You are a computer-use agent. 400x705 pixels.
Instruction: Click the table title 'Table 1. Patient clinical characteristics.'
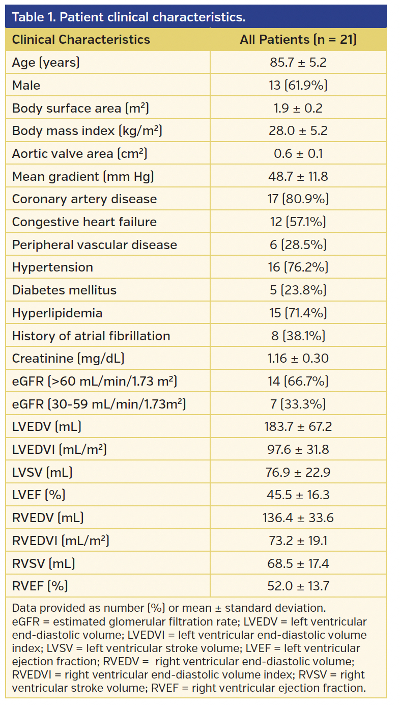[x=128, y=17]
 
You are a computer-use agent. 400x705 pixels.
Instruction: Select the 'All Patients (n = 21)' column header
[x=298, y=40]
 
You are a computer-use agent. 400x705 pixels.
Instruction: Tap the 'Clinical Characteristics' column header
[x=81, y=40]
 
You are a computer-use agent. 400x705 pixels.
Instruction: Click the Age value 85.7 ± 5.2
[x=298, y=63]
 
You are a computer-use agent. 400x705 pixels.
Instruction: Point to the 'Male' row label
[x=26, y=86]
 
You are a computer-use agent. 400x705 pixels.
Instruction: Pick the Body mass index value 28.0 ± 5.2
[x=298, y=131]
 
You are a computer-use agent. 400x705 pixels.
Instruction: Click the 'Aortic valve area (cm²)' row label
[x=79, y=153]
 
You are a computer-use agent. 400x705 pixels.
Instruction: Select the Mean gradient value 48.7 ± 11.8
[x=298, y=176]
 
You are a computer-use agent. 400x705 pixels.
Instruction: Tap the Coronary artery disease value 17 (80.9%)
[x=298, y=199]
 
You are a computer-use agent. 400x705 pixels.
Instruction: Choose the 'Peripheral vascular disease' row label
[x=95, y=245]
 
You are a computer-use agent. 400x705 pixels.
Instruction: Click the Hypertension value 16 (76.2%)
[x=298, y=267]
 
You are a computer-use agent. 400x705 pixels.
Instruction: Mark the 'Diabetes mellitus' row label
[x=64, y=290]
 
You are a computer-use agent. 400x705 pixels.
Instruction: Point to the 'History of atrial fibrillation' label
[x=91, y=336]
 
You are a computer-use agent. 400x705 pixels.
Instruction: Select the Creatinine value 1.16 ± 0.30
[x=298, y=358]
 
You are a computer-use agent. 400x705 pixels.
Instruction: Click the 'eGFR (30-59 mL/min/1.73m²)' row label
[x=99, y=404]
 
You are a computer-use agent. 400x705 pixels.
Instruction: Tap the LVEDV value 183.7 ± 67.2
[x=298, y=426]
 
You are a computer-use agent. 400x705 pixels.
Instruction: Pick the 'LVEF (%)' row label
[x=39, y=495]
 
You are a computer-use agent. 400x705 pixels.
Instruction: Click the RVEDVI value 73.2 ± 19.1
[x=298, y=540]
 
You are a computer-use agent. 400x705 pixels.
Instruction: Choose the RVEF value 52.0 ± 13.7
[x=298, y=586]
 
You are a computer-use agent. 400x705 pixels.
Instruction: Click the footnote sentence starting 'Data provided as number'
[x=168, y=608]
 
